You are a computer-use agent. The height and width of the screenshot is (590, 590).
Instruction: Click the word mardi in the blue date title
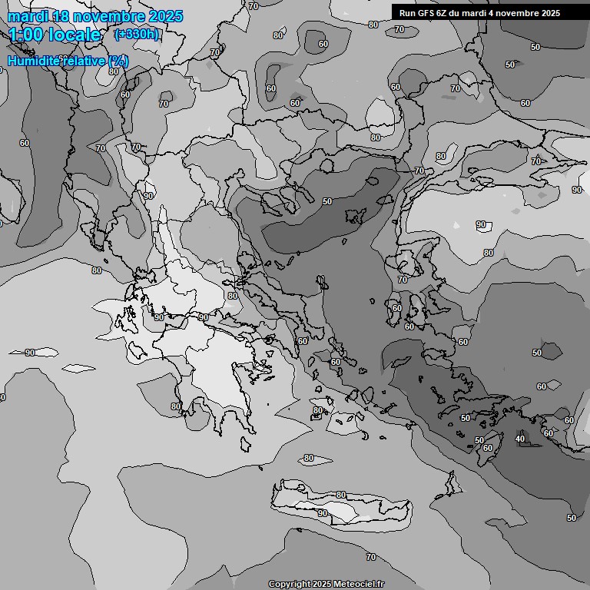pos(28,16)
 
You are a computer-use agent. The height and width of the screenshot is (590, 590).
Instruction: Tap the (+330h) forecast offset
pos(136,34)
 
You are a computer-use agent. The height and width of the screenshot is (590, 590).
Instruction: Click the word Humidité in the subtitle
pos(35,61)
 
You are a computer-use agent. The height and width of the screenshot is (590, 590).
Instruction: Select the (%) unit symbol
pos(118,61)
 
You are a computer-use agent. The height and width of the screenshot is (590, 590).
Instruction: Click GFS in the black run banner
pos(424,12)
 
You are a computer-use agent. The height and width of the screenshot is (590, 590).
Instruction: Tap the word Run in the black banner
pos(407,12)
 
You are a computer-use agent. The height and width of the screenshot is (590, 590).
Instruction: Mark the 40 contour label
pos(520,439)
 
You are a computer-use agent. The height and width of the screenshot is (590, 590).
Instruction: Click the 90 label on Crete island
pos(323,513)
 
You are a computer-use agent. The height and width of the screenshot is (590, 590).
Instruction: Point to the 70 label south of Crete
pos(371,557)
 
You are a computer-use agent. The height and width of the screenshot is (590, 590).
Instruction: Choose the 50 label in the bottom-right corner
pos(571,518)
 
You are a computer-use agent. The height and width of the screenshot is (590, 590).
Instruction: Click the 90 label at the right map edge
pos(576,190)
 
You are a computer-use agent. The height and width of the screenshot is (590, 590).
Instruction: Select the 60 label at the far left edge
pos(25,143)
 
